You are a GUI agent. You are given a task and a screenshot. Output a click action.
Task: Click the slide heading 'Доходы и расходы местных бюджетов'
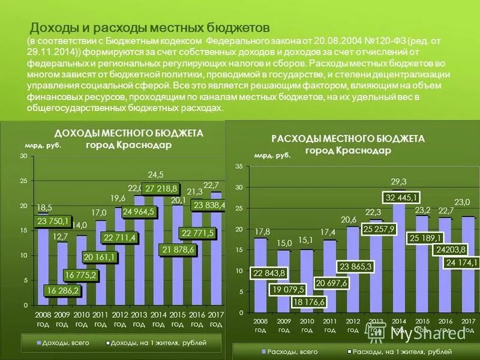(150, 28)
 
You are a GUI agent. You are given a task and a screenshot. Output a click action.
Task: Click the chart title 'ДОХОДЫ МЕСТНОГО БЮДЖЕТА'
(128, 133)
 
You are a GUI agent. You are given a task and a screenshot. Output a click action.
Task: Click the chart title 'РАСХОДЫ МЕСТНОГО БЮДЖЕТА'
(348, 139)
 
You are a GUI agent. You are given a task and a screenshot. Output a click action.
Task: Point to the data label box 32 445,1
(402, 197)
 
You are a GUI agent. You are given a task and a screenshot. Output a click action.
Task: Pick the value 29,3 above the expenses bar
(398, 182)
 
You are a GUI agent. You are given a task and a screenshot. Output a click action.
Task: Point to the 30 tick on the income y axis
(23, 156)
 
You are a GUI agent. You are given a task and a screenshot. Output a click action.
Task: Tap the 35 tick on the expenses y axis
(239, 166)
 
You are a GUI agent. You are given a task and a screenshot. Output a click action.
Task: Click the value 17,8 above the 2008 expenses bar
(259, 232)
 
